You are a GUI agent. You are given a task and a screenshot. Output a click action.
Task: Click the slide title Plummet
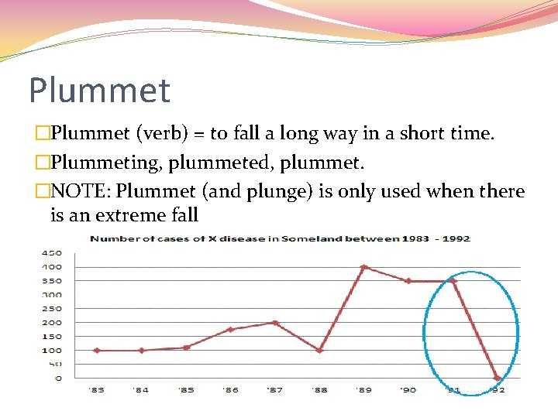point(99,90)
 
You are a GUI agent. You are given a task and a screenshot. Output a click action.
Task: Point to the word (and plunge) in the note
point(269,191)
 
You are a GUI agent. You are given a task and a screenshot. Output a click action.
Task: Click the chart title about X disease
point(280,238)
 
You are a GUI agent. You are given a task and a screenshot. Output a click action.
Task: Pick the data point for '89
point(364,267)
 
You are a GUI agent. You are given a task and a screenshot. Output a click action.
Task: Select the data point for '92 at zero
point(498,378)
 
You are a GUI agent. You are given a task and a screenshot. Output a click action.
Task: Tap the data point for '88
point(319,350)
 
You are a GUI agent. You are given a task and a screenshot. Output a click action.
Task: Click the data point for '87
point(275,323)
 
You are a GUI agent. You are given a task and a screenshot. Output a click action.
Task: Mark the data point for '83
point(96,350)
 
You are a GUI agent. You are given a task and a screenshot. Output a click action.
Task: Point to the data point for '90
point(408,281)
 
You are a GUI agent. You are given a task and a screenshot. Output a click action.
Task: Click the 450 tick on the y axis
point(53,253)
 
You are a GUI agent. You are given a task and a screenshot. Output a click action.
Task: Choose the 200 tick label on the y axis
point(53,322)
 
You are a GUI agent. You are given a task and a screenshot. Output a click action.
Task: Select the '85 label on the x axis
point(186,390)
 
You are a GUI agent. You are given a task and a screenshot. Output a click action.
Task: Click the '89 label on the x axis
point(364,390)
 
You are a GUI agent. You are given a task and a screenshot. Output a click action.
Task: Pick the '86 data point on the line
point(230,330)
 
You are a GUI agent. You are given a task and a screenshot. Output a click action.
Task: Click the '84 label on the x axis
point(141,390)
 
